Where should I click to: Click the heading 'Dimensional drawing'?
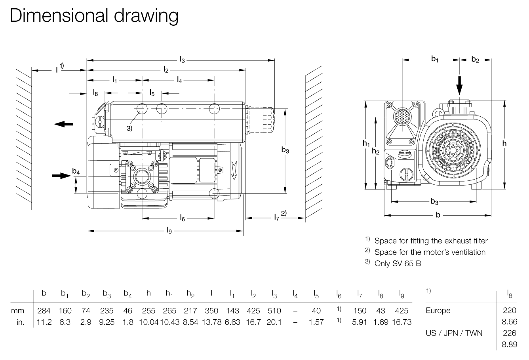coord(94,16)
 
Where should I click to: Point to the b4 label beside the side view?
coord(76,172)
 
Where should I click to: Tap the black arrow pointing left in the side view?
coord(63,124)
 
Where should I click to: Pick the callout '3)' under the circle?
coord(129,128)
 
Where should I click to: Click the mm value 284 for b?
coord(44,311)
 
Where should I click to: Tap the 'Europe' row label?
coord(438,311)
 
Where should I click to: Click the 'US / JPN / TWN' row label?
coord(454,333)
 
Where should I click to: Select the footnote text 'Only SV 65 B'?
coord(398,263)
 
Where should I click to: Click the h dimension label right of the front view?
coord(504,144)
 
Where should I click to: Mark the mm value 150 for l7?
coord(360,311)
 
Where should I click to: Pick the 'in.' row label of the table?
coord(21,322)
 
